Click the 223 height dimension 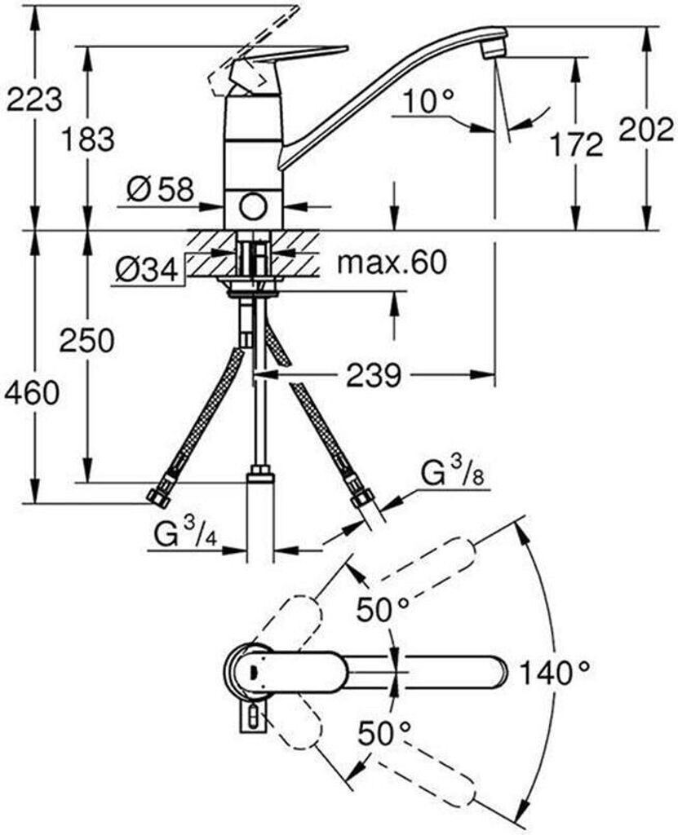pos(33,99)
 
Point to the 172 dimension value pos(575,144)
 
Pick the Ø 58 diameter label pos(161,190)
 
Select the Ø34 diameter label pos(146,270)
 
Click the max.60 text pos(392,263)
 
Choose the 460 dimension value pos(32,393)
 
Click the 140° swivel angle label pos(555,673)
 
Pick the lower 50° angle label pos(383,733)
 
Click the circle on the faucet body pos(253,206)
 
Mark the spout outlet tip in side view pos(490,51)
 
